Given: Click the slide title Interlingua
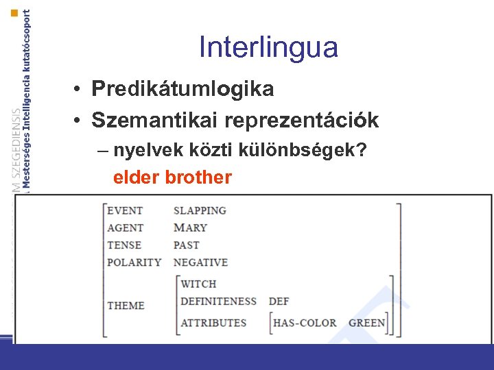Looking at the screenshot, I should tap(268, 47).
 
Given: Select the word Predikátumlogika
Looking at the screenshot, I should tap(183, 89).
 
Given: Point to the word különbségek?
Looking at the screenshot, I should tap(309, 150).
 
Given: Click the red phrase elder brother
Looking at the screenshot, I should tap(172, 177).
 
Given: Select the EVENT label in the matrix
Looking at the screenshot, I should tap(125, 211).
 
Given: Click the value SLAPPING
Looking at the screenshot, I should tap(200, 211).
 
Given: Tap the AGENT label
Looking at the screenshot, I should tap(126, 228).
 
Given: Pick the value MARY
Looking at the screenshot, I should tap(190, 228).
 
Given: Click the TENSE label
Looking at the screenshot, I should tap(124, 245).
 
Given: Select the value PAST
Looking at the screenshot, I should tap(186, 245).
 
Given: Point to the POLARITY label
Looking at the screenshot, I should tap(134, 262).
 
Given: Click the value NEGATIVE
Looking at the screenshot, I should tap(200, 262).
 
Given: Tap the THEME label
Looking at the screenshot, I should tap(126, 306).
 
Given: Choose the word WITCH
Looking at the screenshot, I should tap(198, 284).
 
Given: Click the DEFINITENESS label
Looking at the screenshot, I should tap(218, 301).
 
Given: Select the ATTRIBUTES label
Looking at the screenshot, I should tap(213, 323).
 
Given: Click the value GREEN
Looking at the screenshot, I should tap(366, 323).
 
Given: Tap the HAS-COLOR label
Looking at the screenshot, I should tap(305, 323).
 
